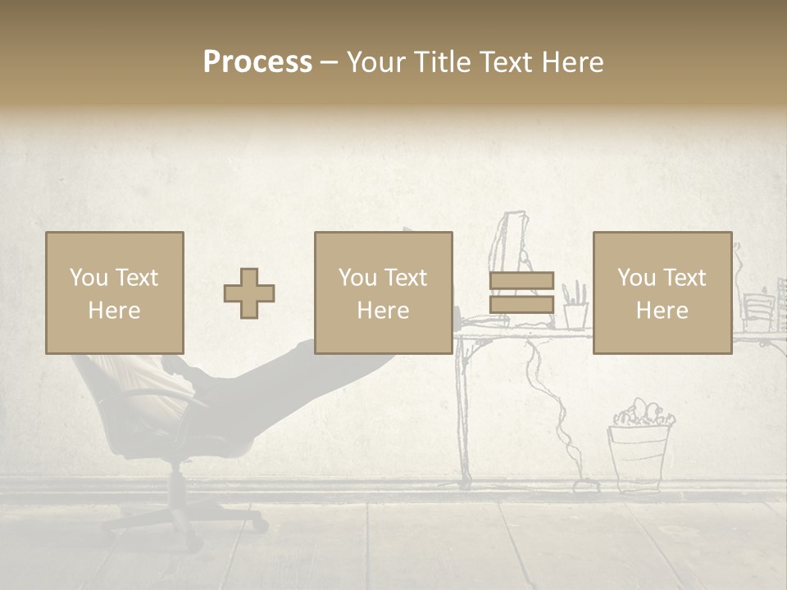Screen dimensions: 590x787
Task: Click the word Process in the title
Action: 257,62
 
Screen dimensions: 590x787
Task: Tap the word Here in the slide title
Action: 572,62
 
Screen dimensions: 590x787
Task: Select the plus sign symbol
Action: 249,293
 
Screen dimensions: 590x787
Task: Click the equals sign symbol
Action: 521,293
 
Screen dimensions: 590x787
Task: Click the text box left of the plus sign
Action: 114,293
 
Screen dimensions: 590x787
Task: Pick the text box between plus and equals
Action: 383,293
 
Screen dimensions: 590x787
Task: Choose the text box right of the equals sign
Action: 662,293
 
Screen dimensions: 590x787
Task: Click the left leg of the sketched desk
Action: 464,410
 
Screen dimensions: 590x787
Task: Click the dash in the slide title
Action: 329,62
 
